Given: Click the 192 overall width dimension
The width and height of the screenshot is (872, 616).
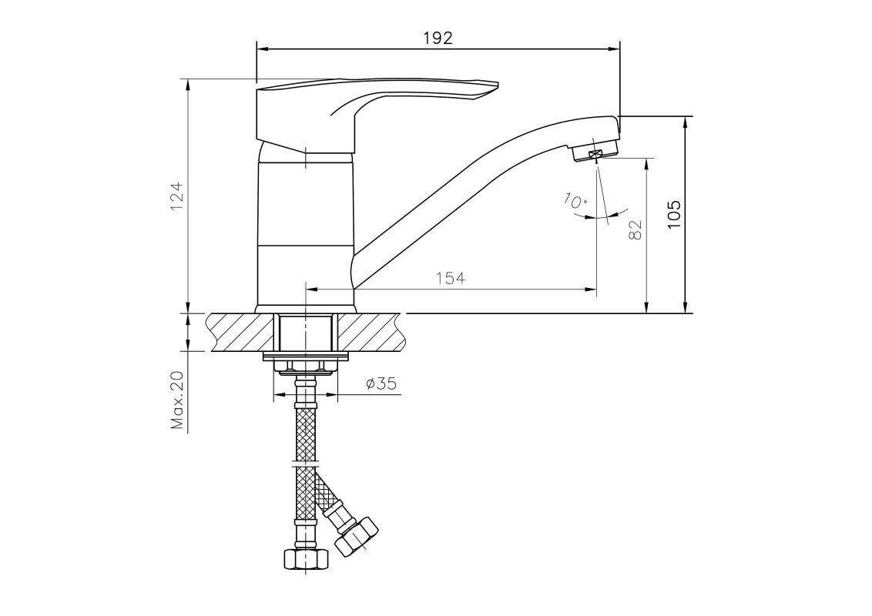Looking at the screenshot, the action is tap(438, 38).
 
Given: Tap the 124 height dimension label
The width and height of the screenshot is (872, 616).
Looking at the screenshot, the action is tap(177, 196).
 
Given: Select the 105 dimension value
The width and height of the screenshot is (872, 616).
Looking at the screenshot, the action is tap(673, 215).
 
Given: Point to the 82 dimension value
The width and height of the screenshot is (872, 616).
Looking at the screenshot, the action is tap(635, 230).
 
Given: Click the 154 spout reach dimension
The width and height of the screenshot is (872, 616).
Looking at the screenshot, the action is tap(451, 278).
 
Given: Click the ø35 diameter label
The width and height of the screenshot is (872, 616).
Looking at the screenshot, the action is tap(382, 383).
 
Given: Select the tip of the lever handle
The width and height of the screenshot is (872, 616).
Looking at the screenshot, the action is tap(496, 85).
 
